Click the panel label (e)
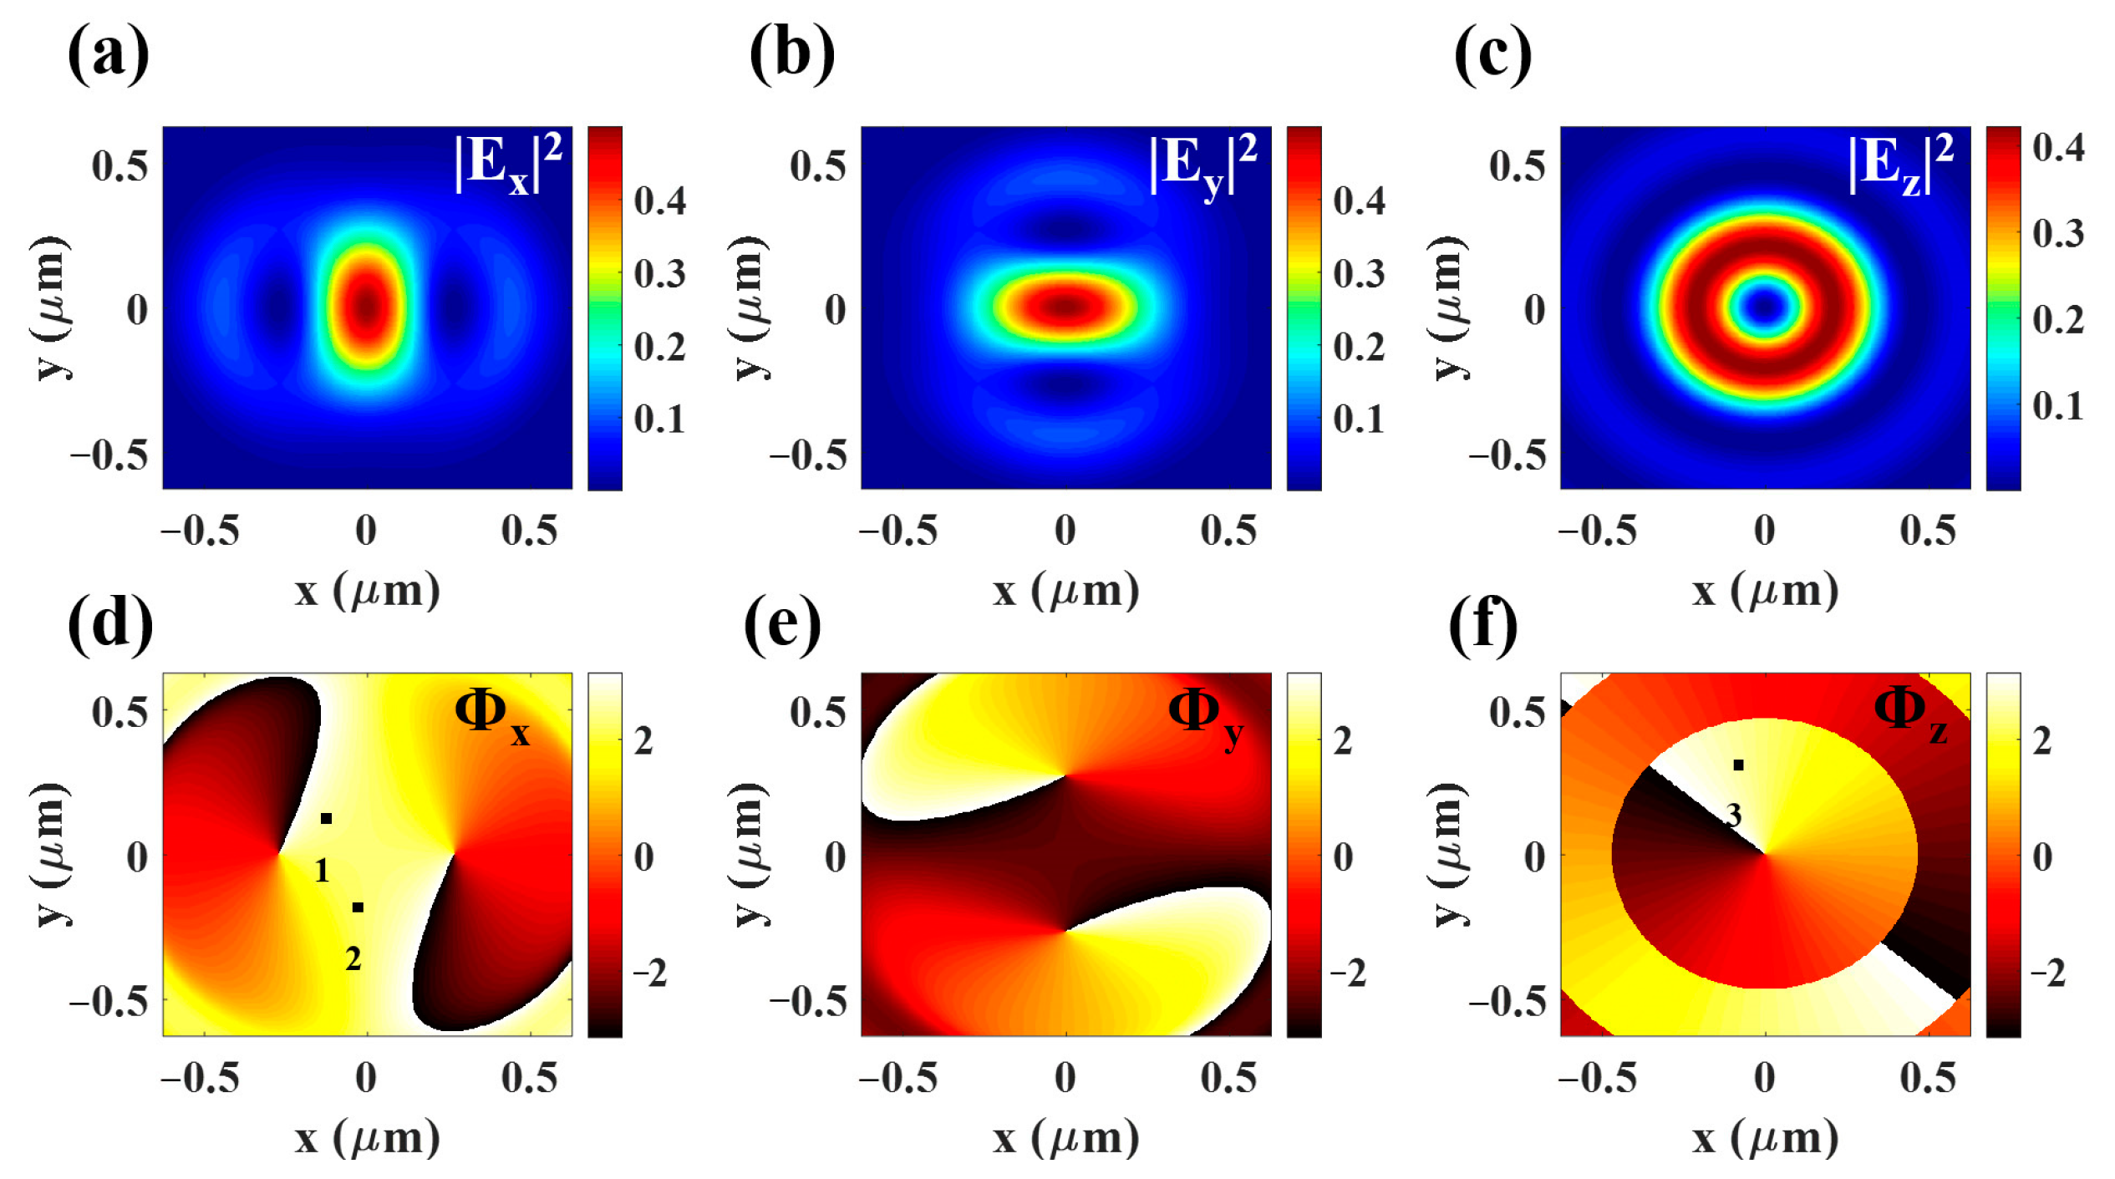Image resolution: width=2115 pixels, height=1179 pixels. point(782,624)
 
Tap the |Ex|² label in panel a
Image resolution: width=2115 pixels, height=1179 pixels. point(508,164)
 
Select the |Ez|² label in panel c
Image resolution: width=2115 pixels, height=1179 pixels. point(1901,164)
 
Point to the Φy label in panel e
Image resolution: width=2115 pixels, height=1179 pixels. point(1206,717)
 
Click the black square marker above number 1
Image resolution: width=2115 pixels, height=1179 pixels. point(327,818)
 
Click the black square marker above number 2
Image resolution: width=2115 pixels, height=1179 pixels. point(358,907)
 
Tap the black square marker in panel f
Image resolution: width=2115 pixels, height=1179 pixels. point(1738,765)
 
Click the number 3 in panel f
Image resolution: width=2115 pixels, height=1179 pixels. point(1734,816)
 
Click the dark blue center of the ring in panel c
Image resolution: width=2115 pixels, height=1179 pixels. point(1764,307)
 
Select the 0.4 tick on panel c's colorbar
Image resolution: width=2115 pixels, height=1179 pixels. point(2057,148)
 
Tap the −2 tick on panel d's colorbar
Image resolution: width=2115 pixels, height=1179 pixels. point(649,973)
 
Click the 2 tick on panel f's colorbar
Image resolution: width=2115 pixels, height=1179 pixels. point(2041,741)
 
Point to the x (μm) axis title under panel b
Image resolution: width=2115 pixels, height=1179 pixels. point(1065,591)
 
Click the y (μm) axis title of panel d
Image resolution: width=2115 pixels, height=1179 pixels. point(52,854)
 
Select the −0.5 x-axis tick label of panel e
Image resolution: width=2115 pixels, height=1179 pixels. point(898,1078)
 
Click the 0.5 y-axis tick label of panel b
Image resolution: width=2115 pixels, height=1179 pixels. point(817,165)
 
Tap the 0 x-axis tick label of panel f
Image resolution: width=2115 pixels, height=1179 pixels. point(1764,1078)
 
